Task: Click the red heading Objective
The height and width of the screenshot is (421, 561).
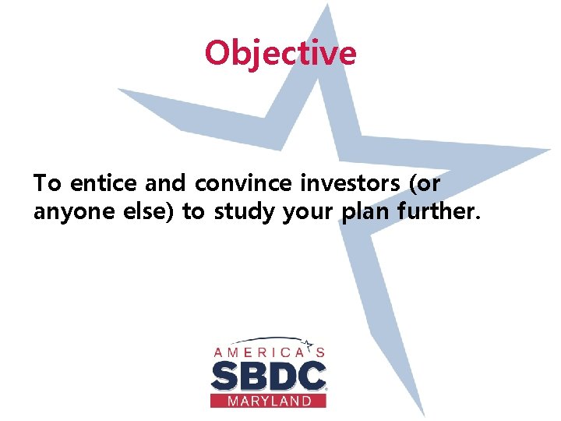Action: (x=280, y=53)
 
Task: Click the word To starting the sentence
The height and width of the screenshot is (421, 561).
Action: (x=47, y=184)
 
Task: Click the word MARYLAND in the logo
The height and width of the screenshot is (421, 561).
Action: (x=268, y=401)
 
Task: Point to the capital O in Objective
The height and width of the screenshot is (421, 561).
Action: (x=217, y=53)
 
